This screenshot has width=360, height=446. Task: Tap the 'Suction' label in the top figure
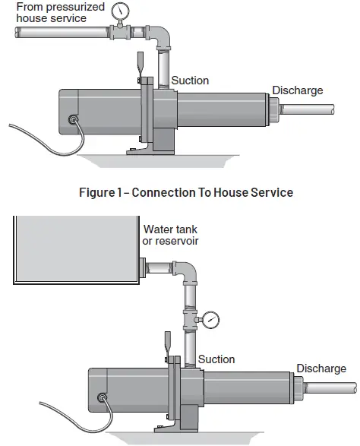(x=190, y=81)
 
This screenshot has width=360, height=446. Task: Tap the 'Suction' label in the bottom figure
(x=216, y=359)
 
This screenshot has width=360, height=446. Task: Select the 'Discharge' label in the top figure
(x=298, y=90)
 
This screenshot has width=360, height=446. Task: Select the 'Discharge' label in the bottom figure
(x=321, y=369)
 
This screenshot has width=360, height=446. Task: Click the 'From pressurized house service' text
(x=51, y=12)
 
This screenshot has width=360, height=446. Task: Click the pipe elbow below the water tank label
(x=185, y=273)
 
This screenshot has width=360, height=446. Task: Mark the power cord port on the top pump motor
(x=73, y=119)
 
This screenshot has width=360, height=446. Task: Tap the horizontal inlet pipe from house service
(x=61, y=33)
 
